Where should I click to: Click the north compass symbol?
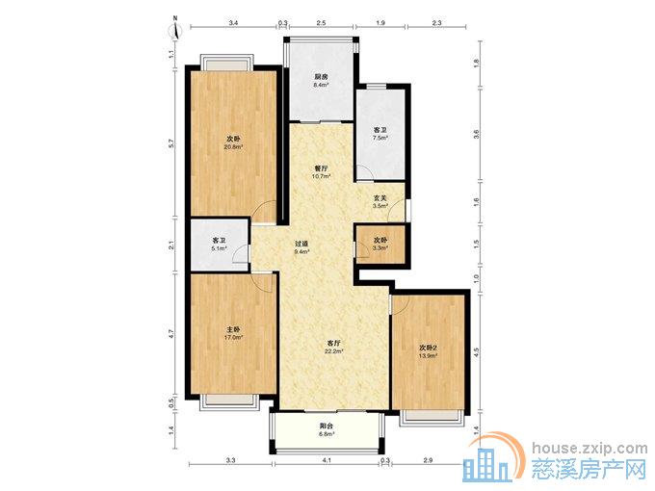[x=176, y=29]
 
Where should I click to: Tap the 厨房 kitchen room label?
[x=321, y=77]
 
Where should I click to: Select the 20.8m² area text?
[x=233, y=147]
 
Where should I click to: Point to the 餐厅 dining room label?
[x=321, y=168]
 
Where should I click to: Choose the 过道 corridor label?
[x=301, y=244]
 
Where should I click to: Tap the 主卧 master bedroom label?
[x=233, y=330]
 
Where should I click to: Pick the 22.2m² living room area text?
[x=334, y=351]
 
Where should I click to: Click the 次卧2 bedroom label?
[x=429, y=348]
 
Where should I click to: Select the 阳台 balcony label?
[x=327, y=426]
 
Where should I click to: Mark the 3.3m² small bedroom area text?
[x=380, y=248]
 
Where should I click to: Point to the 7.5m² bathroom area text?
[x=380, y=138]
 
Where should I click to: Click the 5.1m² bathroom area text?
[x=220, y=248]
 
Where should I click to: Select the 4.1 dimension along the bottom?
[x=327, y=460]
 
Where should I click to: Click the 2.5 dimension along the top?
[x=321, y=23]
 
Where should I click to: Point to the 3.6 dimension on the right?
[x=477, y=134]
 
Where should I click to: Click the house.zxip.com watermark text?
[x=589, y=449]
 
